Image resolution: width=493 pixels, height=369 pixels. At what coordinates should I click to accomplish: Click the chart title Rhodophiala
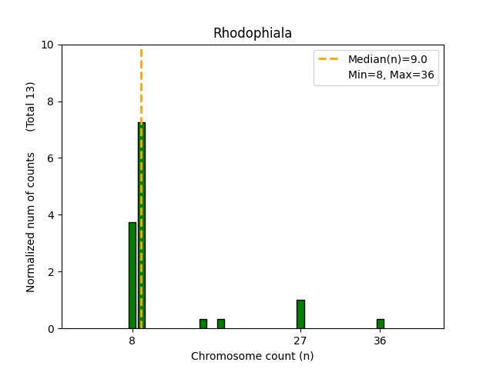click(252, 33)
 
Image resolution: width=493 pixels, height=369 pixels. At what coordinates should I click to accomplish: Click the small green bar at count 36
click(381, 324)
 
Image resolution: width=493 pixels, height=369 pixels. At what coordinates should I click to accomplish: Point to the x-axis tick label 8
click(132, 340)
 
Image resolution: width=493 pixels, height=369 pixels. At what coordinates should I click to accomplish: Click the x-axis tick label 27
click(300, 340)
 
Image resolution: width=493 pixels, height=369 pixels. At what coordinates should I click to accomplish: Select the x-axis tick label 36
click(381, 340)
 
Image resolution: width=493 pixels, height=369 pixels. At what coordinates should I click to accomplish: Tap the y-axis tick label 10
click(48, 45)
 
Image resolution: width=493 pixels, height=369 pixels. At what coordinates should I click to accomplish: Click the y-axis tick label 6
click(51, 158)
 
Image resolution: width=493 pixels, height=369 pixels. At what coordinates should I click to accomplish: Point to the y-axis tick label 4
click(51, 215)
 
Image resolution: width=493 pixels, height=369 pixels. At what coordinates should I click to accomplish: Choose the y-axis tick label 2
click(51, 272)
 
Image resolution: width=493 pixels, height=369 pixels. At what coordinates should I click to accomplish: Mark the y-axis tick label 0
click(51, 328)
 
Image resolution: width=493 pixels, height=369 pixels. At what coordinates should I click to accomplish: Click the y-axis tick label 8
click(51, 101)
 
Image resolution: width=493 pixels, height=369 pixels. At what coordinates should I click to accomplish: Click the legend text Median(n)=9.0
click(387, 58)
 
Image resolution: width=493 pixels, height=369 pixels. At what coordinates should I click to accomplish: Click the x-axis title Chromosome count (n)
click(252, 356)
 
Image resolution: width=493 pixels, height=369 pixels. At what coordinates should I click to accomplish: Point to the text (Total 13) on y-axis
click(31, 106)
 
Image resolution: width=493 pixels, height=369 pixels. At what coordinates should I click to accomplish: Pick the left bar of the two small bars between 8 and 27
click(203, 324)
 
